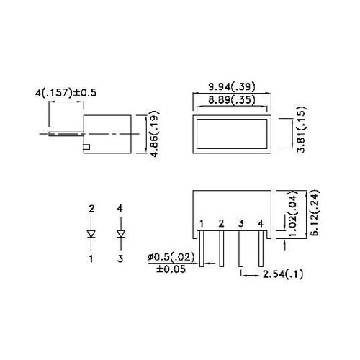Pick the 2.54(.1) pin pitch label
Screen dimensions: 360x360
click(x=284, y=274)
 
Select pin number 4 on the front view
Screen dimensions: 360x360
click(x=260, y=223)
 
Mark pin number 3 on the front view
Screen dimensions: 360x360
click(x=240, y=223)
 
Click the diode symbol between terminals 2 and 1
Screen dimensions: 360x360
click(x=91, y=233)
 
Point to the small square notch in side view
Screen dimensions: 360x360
click(x=87, y=148)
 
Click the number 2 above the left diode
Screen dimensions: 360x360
click(x=91, y=210)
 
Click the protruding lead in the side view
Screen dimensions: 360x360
click(x=65, y=134)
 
